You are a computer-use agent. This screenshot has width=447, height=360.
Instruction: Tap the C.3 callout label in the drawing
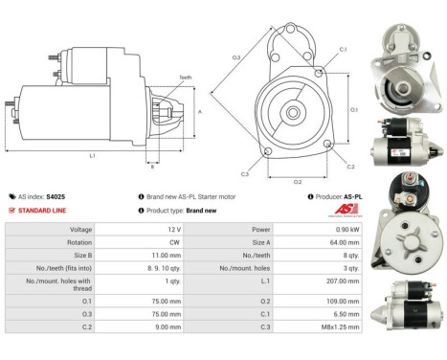pos(245,174)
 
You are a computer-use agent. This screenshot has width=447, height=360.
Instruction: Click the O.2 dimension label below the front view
pos(297,181)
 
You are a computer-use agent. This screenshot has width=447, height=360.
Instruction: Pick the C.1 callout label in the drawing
pos(343,48)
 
